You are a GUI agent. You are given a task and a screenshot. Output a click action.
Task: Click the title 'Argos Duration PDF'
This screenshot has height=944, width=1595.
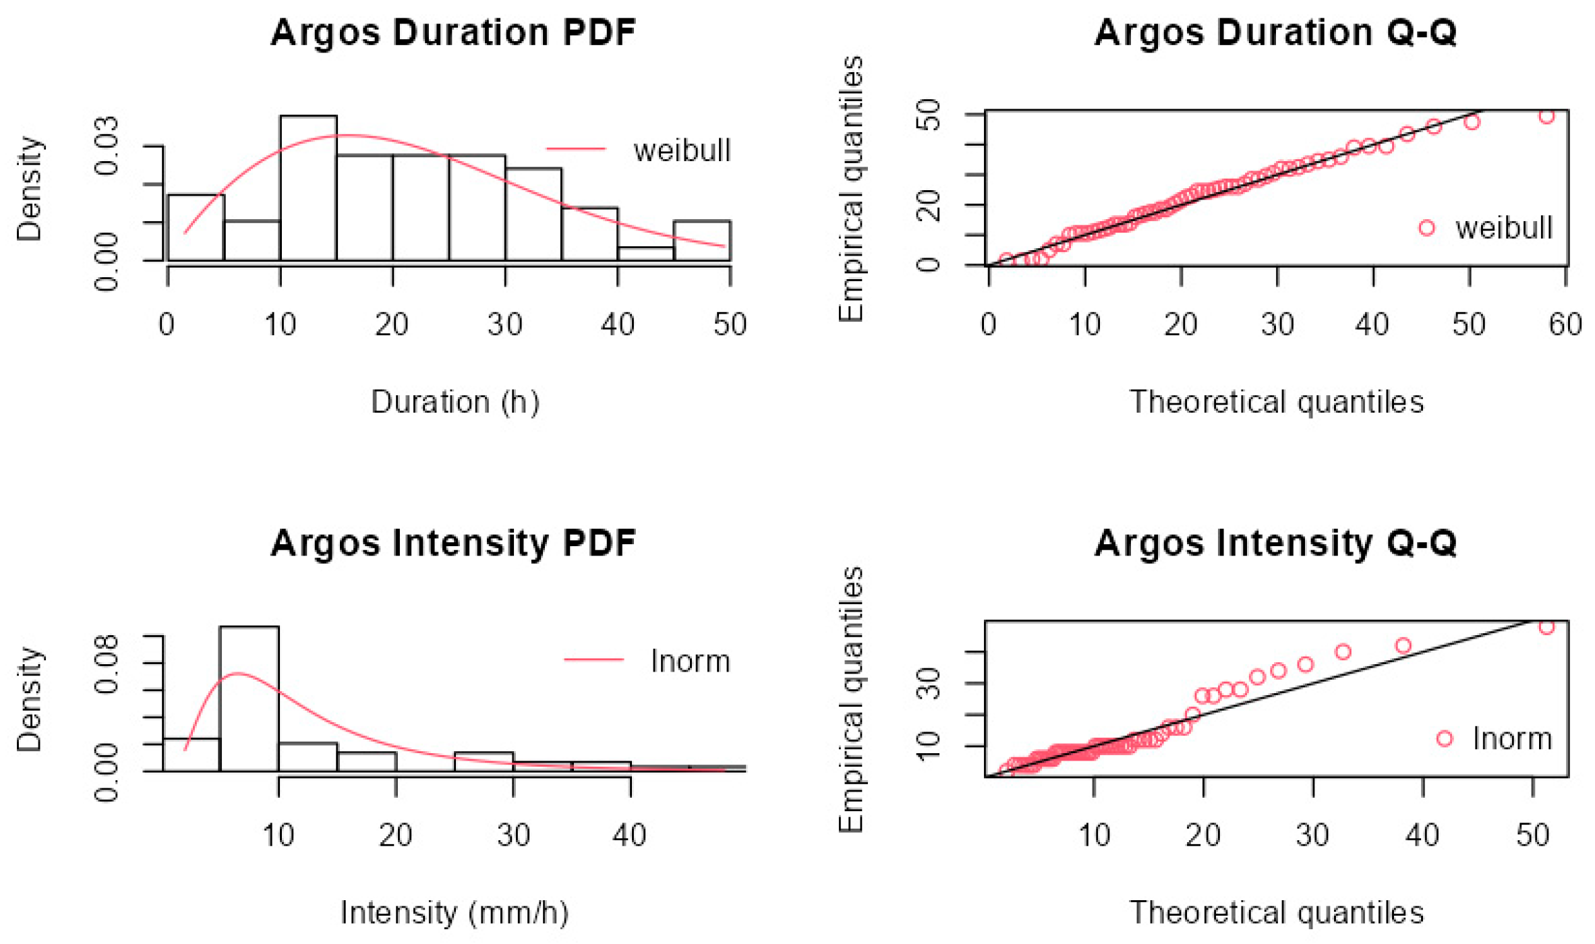click(x=453, y=33)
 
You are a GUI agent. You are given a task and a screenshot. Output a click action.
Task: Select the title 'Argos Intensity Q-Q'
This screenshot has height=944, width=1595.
click(x=1275, y=543)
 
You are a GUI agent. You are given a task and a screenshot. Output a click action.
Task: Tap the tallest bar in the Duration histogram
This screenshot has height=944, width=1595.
click(x=308, y=188)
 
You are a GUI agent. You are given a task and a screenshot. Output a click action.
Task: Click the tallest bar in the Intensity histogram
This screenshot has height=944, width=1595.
click(x=249, y=699)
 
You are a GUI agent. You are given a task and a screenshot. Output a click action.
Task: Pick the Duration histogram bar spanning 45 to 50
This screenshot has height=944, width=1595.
click(x=702, y=241)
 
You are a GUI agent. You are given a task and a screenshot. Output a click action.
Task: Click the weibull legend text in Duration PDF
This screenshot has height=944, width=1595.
click(x=682, y=150)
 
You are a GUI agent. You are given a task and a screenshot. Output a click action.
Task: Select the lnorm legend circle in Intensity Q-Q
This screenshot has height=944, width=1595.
click(x=1444, y=739)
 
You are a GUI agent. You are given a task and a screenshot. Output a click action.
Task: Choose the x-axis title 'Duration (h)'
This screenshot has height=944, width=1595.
click(x=455, y=403)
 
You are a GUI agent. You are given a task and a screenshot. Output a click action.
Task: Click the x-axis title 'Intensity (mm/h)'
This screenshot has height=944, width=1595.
click(x=455, y=913)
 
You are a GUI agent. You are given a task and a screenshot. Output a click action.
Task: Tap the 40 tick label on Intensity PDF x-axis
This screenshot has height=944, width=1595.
click(x=630, y=836)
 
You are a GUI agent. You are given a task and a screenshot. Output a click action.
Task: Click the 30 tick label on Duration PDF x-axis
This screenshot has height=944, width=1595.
click(x=505, y=325)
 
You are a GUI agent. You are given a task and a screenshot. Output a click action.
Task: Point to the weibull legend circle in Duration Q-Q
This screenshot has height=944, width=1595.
click(x=1426, y=228)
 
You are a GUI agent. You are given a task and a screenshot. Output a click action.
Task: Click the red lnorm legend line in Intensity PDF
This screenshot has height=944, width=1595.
click(x=593, y=659)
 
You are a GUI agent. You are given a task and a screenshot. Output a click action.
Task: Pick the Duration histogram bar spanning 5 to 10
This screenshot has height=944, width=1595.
click(x=252, y=241)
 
